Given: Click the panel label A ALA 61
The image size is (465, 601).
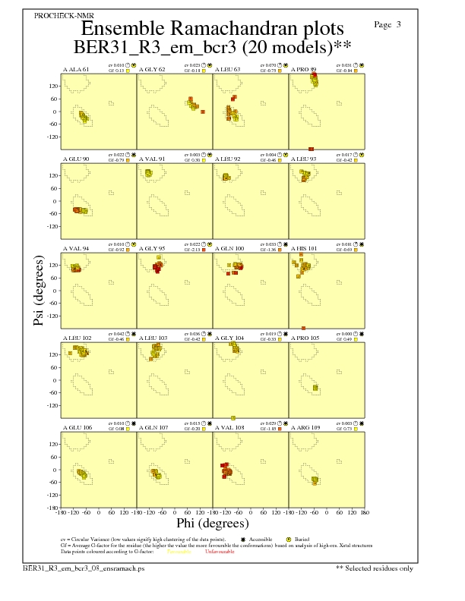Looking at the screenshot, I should (76, 70).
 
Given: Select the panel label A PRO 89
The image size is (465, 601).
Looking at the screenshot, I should (304, 70).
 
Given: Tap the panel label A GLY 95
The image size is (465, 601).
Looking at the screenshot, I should (152, 249).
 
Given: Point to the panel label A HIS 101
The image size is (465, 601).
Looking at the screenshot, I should (305, 249).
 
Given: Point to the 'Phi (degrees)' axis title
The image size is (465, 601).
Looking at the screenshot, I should (212, 524).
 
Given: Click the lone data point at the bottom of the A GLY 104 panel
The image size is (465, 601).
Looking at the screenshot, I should (233, 417).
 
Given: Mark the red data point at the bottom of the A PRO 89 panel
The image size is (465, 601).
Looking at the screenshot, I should (311, 149).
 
